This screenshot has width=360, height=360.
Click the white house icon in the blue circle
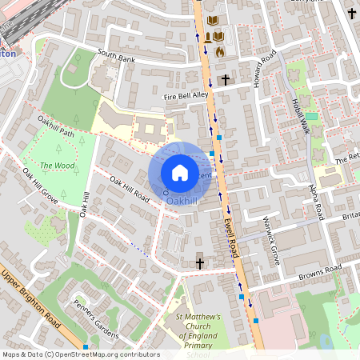tap(180, 173)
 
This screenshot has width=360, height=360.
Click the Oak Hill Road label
tap(130, 189)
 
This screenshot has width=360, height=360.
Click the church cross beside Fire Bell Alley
tap(226, 80)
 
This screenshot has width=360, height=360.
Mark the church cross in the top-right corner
tap(351, 13)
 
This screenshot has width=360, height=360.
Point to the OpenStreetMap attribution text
tap(80, 354)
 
